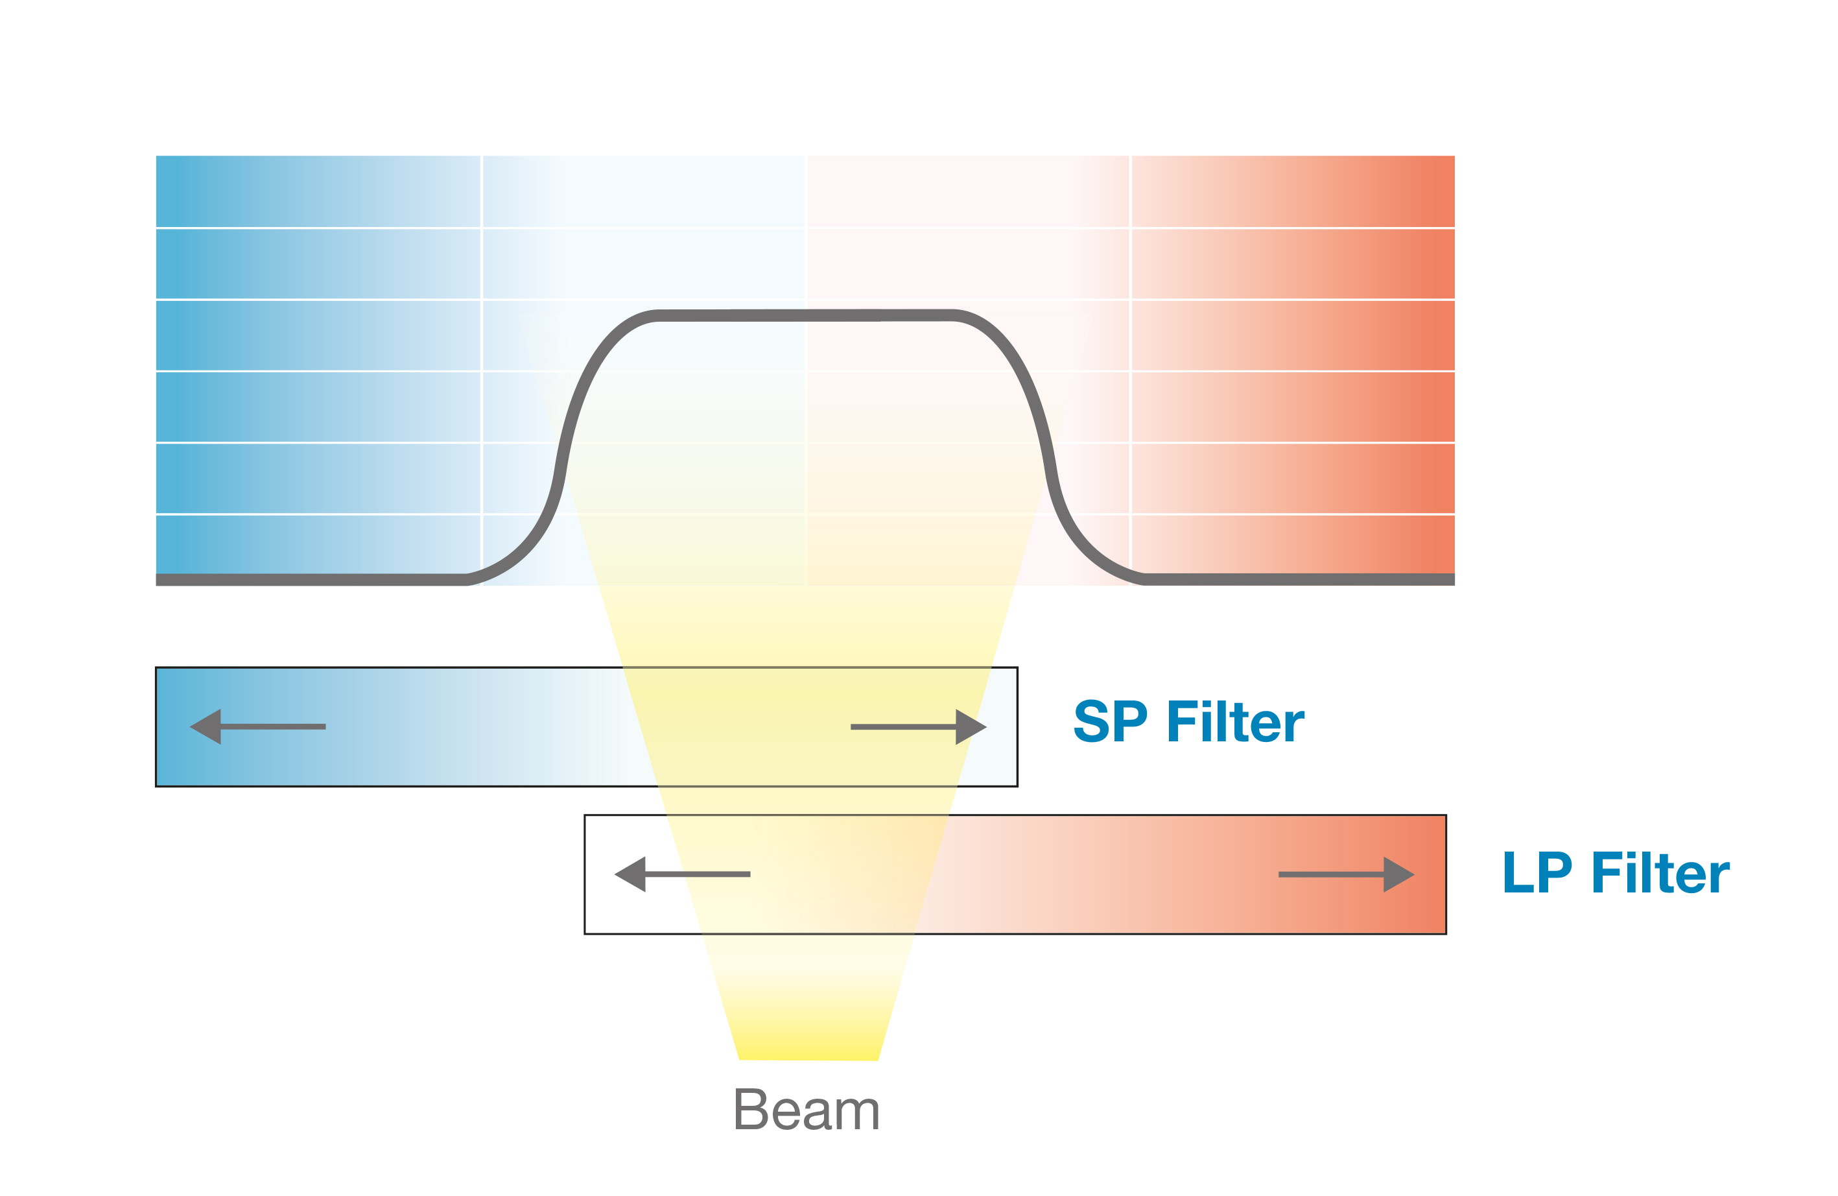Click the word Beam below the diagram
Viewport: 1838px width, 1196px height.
pos(807,1111)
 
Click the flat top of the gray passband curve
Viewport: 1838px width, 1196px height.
pos(807,315)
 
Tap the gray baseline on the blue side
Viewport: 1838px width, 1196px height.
pos(309,579)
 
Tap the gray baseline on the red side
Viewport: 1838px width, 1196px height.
pos(1297,579)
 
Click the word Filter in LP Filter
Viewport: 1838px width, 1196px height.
pos(1660,872)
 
